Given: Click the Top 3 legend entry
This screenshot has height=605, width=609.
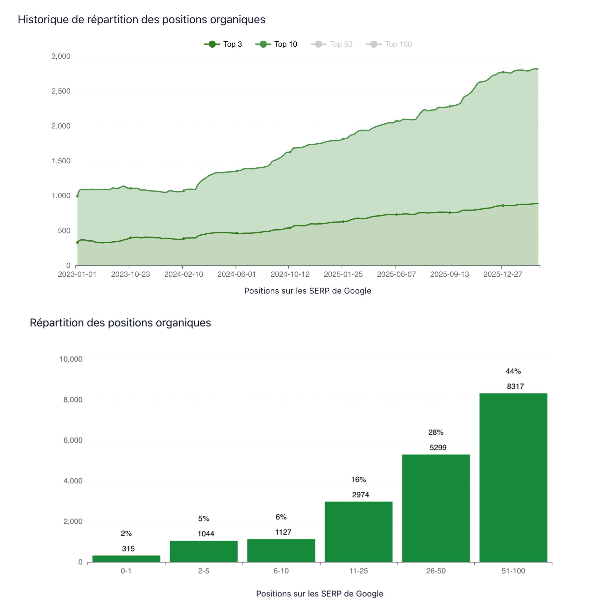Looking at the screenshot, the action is click(x=223, y=44).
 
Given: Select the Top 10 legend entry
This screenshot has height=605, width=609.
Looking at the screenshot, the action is click(x=276, y=44).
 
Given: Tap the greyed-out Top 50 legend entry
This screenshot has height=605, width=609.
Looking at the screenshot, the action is click(x=332, y=44).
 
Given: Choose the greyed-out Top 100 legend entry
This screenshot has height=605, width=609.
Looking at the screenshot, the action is click(x=389, y=44).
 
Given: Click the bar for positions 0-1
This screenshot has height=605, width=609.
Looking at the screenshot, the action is click(x=126, y=559).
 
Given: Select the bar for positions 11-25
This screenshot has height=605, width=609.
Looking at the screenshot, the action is click(x=358, y=532).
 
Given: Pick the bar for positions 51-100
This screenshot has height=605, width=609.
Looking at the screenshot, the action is click(x=513, y=478).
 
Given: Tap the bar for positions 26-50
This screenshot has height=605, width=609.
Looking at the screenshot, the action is click(x=436, y=508).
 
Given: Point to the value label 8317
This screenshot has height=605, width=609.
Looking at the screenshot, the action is click(x=515, y=386).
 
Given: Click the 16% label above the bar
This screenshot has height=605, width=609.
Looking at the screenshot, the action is click(x=359, y=479).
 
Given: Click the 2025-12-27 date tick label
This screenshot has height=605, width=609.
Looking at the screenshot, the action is click(x=503, y=274).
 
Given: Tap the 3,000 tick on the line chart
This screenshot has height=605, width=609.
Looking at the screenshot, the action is click(x=61, y=56).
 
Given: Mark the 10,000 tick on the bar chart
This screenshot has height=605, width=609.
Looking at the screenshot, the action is click(x=71, y=359).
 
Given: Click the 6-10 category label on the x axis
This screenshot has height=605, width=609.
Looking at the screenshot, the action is click(x=281, y=571).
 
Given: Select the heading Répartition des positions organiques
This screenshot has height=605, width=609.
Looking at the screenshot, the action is click(x=120, y=323).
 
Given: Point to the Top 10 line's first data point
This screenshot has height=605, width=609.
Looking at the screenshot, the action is click(x=77, y=196).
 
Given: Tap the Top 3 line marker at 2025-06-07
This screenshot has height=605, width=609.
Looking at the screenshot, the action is click(x=396, y=214).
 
